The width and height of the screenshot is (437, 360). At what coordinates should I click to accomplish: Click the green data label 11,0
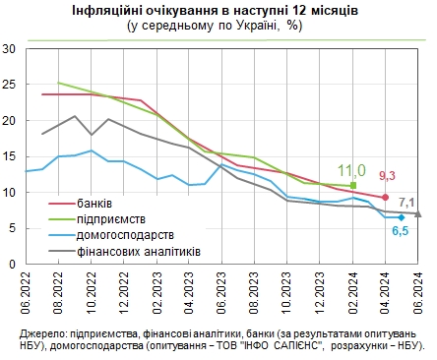point(351,169)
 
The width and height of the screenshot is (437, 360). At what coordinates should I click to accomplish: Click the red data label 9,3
point(387,176)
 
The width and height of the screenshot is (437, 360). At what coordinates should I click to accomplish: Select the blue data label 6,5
point(401,231)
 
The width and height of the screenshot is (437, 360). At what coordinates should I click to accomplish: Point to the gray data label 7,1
point(406,202)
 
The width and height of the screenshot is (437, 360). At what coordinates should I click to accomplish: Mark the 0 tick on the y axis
point(12,266)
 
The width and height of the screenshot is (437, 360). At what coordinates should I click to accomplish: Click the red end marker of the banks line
point(385,198)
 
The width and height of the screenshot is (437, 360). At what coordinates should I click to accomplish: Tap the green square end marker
point(352,185)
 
